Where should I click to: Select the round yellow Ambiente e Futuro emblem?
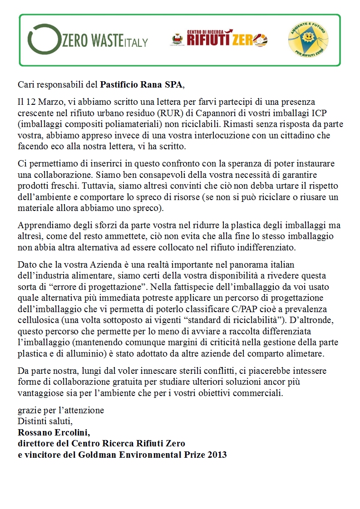308,40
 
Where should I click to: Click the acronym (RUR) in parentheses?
167,113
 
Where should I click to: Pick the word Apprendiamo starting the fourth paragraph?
39,225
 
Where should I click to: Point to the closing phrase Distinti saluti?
45,421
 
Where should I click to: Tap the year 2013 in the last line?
217,454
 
